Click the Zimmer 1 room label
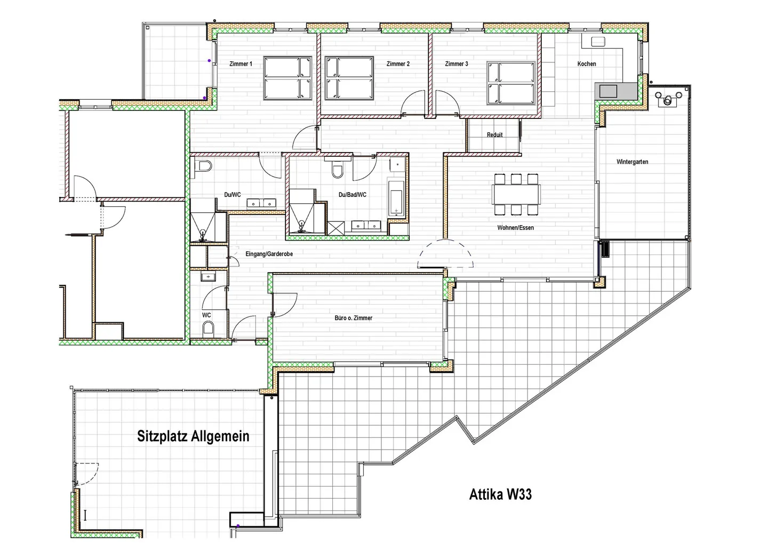(x=241, y=64)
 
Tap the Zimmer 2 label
(x=398, y=64)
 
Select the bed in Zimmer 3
(x=511, y=83)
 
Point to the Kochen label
(x=587, y=64)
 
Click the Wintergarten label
(x=632, y=162)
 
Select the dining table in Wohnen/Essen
(x=516, y=194)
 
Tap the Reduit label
(x=494, y=135)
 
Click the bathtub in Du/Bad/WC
(x=397, y=197)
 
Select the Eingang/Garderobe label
(x=269, y=254)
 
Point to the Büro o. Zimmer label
(x=353, y=318)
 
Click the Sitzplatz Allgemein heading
(x=193, y=436)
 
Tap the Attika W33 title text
(x=500, y=494)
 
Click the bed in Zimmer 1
(x=288, y=78)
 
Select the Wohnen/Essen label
(x=515, y=228)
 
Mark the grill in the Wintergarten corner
(x=667, y=99)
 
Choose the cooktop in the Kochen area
(x=608, y=91)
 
